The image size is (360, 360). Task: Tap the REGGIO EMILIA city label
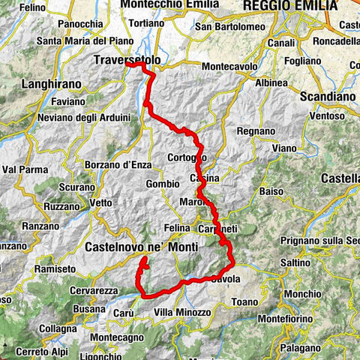click(289, 5)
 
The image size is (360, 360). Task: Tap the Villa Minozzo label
click(181, 312)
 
